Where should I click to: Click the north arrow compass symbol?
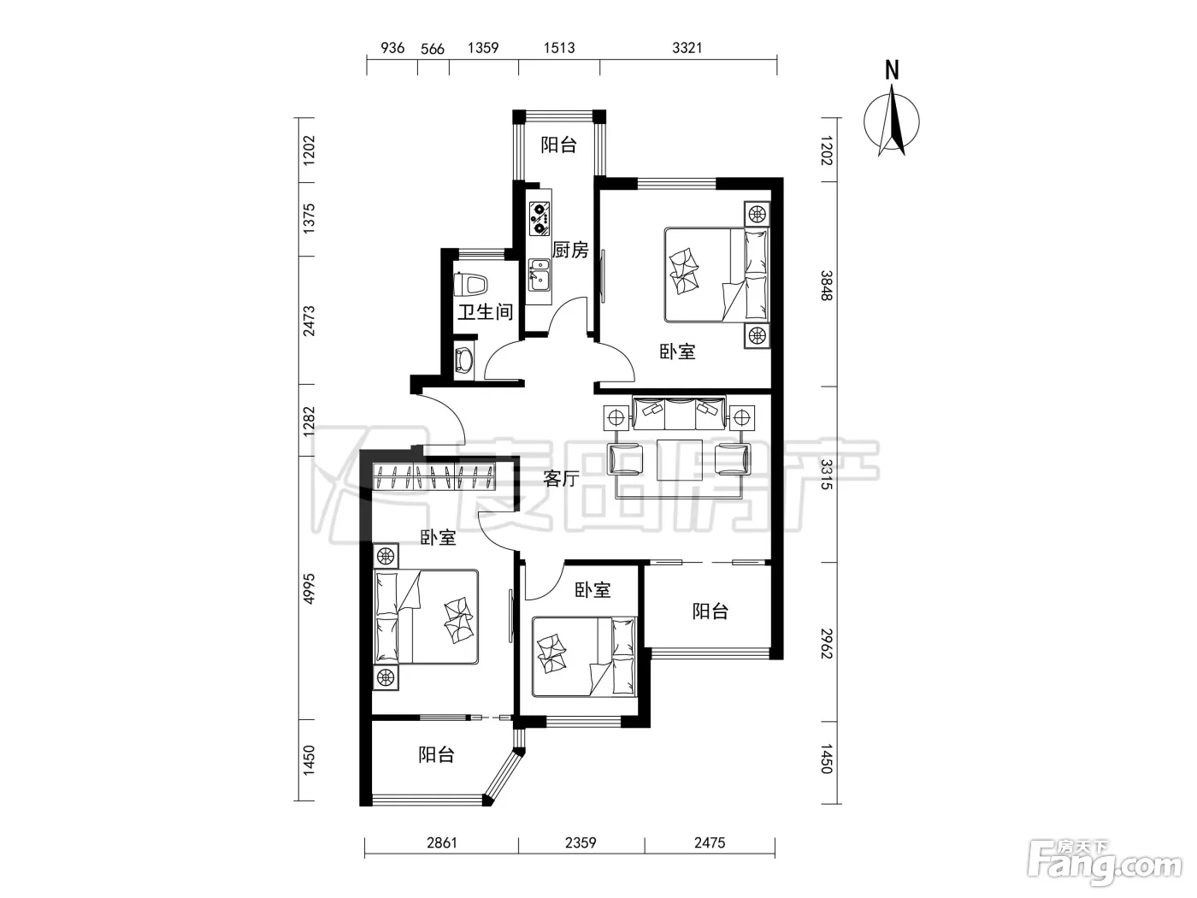click(x=891, y=122)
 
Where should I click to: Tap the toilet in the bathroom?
click(x=470, y=284)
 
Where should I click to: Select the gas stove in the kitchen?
click(x=540, y=219)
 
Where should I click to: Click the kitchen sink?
click(x=540, y=275)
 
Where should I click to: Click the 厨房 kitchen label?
click(x=570, y=251)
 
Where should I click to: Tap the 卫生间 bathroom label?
click(x=486, y=312)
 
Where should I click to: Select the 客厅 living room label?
click(x=561, y=479)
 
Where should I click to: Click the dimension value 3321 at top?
click(x=687, y=48)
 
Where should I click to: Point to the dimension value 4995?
click(x=310, y=588)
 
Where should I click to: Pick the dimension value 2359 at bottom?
click(x=581, y=843)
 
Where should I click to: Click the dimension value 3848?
click(x=827, y=285)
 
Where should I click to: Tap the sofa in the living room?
click(x=679, y=414)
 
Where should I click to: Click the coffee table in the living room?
click(x=679, y=459)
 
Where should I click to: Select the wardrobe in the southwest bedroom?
click(x=434, y=476)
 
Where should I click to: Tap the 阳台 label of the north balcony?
click(x=559, y=145)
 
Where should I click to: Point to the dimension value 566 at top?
click(x=433, y=49)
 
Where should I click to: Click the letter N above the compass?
click(x=892, y=71)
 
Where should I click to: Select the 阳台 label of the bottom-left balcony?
click(x=436, y=755)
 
